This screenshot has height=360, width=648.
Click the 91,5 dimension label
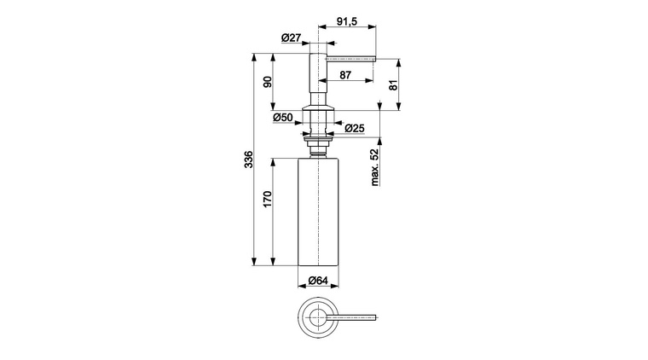pyautogui.click(x=346, y=21)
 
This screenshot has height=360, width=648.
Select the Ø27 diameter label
pyautogui.click(x=292, y=38)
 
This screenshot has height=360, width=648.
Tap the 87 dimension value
pyautogui.click(x=345, y=75)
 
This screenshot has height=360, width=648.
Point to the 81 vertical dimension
pyautogui.click(x=393, y=84)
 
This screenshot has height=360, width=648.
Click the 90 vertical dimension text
pyautogui.click(x=268, y=82)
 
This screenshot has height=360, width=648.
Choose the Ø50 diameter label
pyautogui.click(x=283, y=118)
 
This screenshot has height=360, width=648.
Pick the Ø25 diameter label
pyautogui.click(x=355, y=129)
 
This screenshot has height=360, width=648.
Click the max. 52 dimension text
pyautogui.click(x=374, y=167)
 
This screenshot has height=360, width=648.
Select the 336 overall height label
pyautogui.click(x=248, y=160)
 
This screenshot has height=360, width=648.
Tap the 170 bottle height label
pyautogui.click(x=268, y=199)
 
